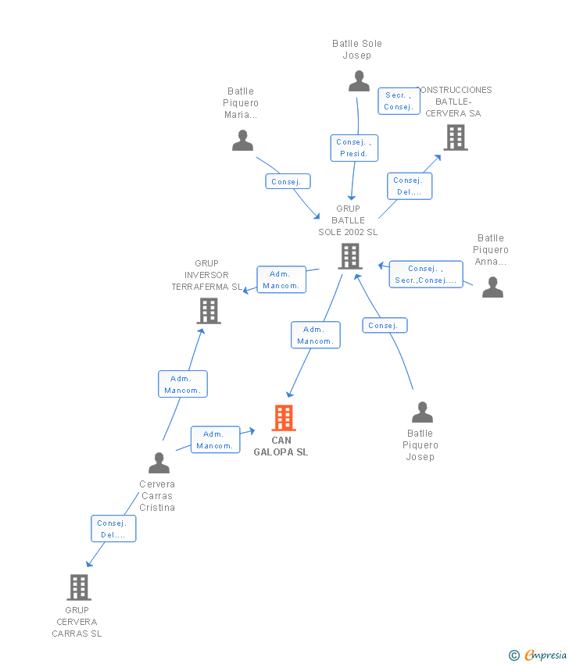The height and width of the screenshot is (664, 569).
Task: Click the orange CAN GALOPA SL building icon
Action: coord(284,418)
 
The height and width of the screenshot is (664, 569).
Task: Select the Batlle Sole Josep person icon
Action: coord(359,81)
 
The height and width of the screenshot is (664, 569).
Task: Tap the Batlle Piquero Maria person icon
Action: coord(243,141)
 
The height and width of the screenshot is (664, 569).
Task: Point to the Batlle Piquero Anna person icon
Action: coord(492,287)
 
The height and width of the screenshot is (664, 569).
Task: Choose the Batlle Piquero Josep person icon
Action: coord(422,412)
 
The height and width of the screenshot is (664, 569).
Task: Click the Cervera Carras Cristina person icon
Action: coord(159,463)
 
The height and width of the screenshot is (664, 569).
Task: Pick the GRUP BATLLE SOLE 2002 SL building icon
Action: coord(350,255)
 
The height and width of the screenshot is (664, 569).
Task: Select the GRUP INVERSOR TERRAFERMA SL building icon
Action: coord(209,311)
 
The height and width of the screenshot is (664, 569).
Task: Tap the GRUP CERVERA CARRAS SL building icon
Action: coord(79,587)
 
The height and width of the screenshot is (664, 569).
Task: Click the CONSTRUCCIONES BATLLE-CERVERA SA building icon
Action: coord(455,137)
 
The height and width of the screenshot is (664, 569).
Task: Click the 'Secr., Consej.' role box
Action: coord(399,101)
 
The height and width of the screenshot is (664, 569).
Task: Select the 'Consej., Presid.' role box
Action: coord(353,148)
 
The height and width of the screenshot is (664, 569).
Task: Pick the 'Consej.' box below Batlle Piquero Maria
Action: coord(286,181)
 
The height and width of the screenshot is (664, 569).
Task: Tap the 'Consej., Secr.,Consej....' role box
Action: coord(425,274)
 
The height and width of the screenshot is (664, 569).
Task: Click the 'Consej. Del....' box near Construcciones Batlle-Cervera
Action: coord(409,186)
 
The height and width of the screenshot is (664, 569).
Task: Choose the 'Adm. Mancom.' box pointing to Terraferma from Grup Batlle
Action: coord(281,280)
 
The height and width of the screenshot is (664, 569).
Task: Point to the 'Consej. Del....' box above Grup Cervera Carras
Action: coord(113,529)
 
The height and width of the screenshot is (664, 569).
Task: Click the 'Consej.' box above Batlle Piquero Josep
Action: coord(384,325)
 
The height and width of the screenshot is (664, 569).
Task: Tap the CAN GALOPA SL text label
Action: coord(281,446)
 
